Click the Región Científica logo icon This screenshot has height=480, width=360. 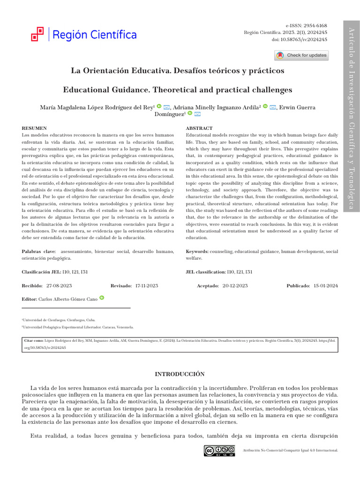click(x=37, y=34)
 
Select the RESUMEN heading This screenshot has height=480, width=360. click(x=34, y=128)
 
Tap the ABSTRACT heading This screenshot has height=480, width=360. click(x=199, y=128)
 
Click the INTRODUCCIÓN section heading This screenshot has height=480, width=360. click(x=180, y=374)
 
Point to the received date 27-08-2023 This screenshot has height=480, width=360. click(x=59, y=285)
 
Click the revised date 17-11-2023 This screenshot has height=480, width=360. click(x=147, y=285)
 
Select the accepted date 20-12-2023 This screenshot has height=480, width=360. click(x=235, y=285)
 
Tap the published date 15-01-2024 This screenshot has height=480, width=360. click(x=326, y=285)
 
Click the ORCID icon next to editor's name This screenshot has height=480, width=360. click(x=102, y=298)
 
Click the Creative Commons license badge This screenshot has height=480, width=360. click(x=219, y=450)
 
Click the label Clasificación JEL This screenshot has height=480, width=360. click(x=41, y=272)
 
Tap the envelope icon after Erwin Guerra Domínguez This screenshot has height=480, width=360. click(x=197, y=114)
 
